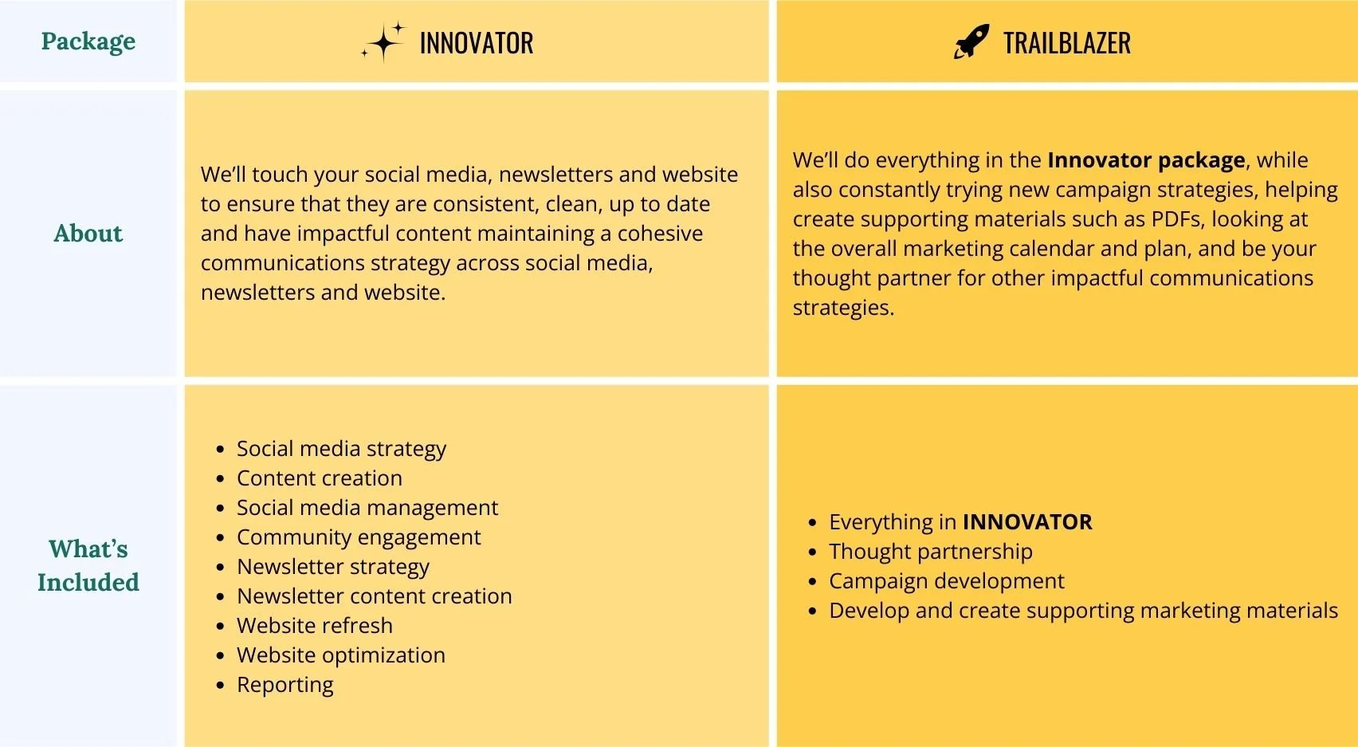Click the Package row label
(88, 41)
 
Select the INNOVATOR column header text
(476, 43)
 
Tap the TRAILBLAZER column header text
(1066, 43)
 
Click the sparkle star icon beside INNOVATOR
(383, 42)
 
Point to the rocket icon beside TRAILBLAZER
(971, 41)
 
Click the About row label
(88, 234)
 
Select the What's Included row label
(88, 565)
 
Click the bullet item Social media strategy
(341, 449)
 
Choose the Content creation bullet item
(319, 478)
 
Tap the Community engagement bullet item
(359, 537)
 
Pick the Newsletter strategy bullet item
(333, 567)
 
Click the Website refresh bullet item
(315, 626)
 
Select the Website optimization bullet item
(341, 655)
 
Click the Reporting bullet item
(285, 685)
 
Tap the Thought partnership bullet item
(930, 552)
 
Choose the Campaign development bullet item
(946, 581)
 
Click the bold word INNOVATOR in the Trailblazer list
(1027, 522)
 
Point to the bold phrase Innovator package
(1146, 160)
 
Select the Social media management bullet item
(367, 508)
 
